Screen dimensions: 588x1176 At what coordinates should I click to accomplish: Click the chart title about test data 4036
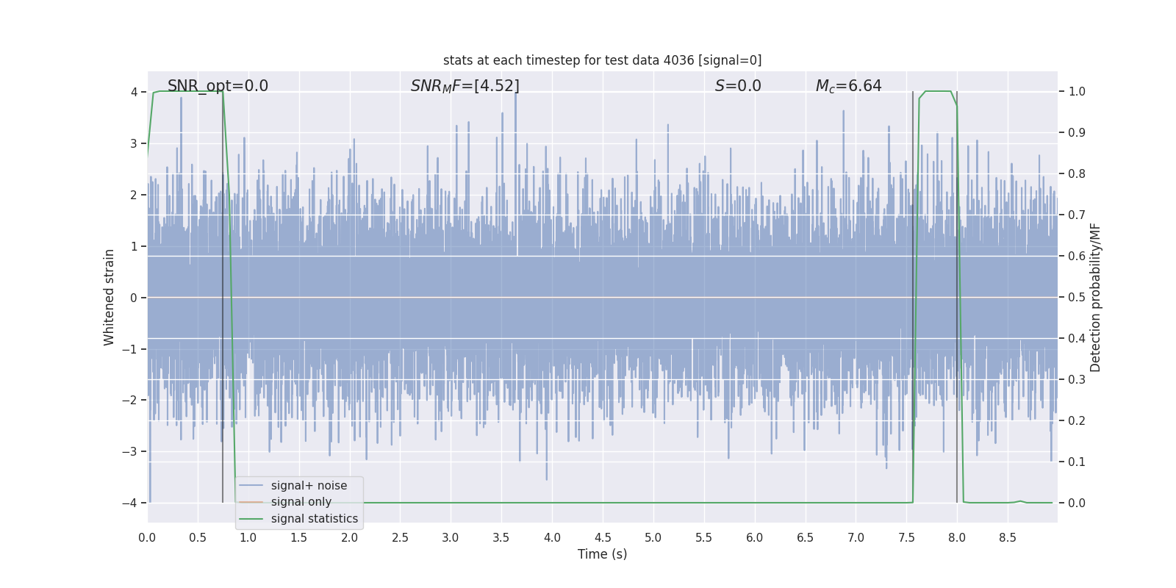(x=602, y=60)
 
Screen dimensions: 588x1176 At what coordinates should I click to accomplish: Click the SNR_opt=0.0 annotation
(x=218, y=86)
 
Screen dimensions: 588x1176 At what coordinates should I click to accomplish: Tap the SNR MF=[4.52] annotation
(x=465, y=86)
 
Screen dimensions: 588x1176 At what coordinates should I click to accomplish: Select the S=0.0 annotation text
(x=738, y=86)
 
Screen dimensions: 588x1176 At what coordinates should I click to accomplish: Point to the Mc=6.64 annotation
(x=848, y=86)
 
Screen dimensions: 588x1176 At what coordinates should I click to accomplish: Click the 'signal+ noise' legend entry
(x=309, y=486)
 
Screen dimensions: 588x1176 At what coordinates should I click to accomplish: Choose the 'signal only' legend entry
(x=301, y=502)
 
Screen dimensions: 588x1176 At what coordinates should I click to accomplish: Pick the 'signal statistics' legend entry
(x=314, y=519)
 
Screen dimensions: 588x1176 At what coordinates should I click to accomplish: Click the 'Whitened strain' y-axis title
(x=110, y=298)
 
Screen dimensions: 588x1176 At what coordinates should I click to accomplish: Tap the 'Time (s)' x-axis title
(x=602, y=554)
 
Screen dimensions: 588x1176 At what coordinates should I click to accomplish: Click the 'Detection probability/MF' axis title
(x=1095, y=298)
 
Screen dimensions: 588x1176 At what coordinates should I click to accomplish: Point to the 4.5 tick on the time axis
(x=603, y=538)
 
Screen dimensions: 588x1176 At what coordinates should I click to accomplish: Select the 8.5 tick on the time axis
(x=1008, y=538)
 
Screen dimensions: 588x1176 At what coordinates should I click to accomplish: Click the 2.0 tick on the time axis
(x=350, y=538)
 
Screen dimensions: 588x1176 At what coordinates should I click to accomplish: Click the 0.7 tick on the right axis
(x=1077, y=215)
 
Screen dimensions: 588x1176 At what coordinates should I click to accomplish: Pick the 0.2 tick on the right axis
(x=1077, y=421)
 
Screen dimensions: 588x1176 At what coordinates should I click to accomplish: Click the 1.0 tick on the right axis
(x=1077, y=92)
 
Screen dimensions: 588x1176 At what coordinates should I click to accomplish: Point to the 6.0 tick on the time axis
(x=755, y=538)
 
